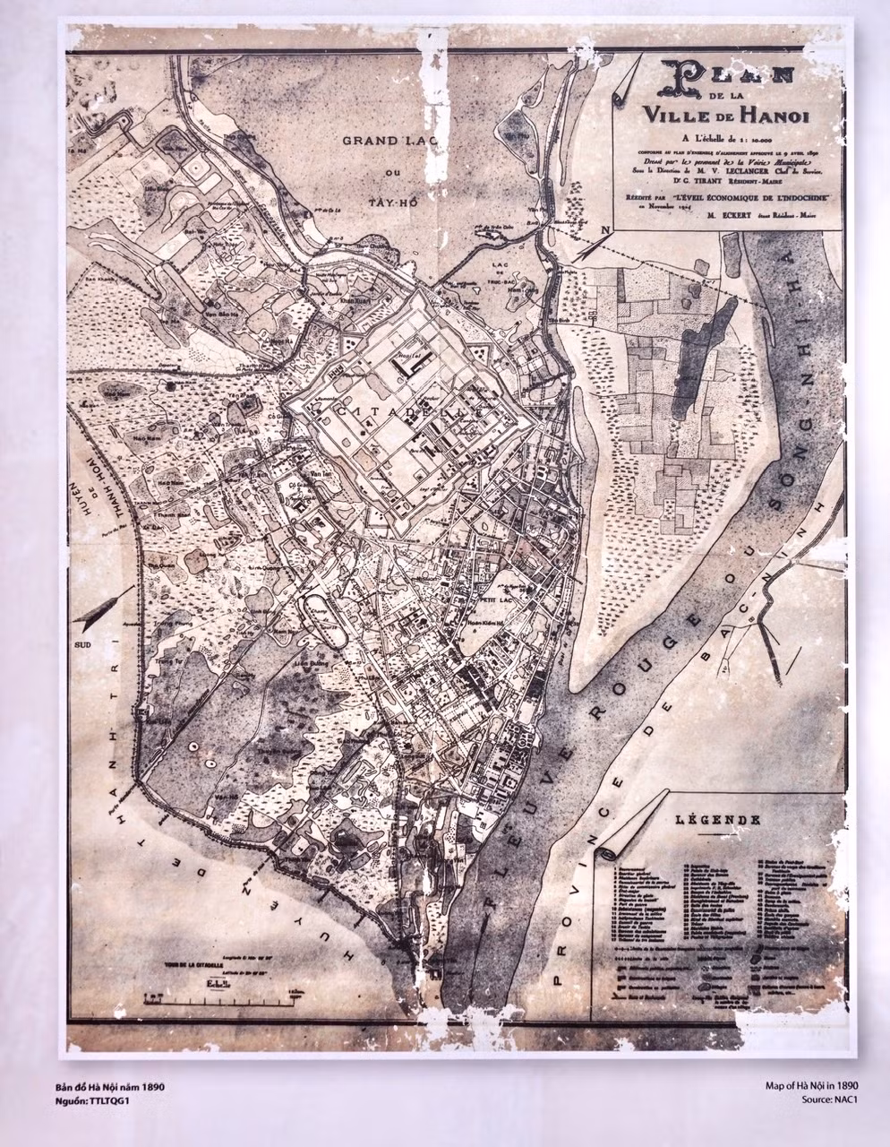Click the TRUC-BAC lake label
[x=506, y=278]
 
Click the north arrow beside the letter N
[x=586, y=246]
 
